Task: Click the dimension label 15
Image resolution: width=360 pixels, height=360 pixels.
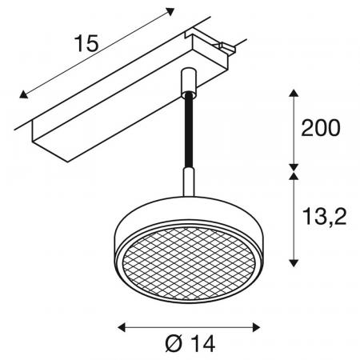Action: click(86, 43)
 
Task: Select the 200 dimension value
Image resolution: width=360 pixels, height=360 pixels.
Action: click(321, 128)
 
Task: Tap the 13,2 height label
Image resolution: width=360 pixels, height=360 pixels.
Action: click(324, 217)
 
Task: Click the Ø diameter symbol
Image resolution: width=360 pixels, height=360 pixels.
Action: click(174, 343)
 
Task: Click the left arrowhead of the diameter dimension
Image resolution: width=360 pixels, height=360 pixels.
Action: click(122, 327)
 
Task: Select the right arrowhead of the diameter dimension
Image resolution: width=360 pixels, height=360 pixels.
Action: click(256, 327)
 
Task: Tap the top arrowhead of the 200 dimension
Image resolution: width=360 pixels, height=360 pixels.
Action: click(294, 93)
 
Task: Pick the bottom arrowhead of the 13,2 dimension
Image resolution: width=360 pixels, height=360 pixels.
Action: click(294, 263)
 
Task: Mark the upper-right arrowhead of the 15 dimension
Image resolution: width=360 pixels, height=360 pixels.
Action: click(170, 11)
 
